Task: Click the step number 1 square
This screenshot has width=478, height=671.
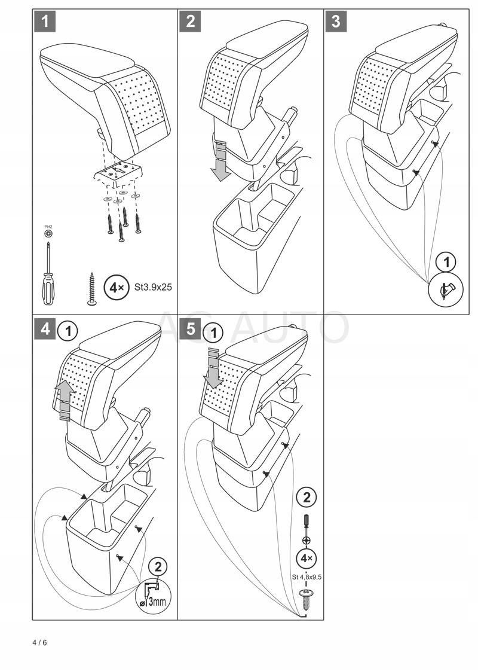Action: click(45, 22)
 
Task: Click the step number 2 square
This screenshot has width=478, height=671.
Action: click(191, 22)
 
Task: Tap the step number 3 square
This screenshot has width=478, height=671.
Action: click(336, 22)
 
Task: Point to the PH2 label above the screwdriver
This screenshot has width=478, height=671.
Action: click(48, 227)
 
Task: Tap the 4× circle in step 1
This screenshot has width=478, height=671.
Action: click(115, 288)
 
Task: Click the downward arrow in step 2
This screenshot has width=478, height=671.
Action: click(222, 160)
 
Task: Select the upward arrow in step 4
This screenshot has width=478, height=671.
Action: click(65, 401)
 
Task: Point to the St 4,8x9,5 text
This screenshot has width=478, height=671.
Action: click(307, 577)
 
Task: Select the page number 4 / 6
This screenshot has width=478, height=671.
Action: click(39, 643)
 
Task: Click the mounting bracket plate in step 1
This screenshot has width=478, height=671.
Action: click(119, 172)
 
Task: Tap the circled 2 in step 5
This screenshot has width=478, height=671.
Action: click(307, 497)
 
